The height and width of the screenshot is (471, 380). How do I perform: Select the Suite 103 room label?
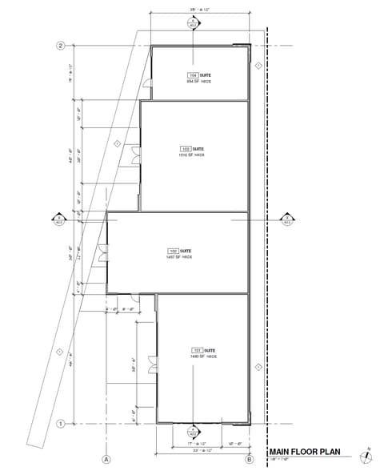(x=193, y=148)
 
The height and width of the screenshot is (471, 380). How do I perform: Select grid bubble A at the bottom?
(x=105, y=459)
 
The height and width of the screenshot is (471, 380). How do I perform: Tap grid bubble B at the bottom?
(x=249, y=459)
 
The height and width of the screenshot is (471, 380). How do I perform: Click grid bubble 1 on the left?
(x=59, y=424)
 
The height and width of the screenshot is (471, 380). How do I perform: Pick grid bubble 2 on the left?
(x=59, y=46)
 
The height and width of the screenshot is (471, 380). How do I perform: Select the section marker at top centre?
(x=193, y=24)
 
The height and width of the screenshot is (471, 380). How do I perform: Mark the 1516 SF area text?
(x=192, y=155)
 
